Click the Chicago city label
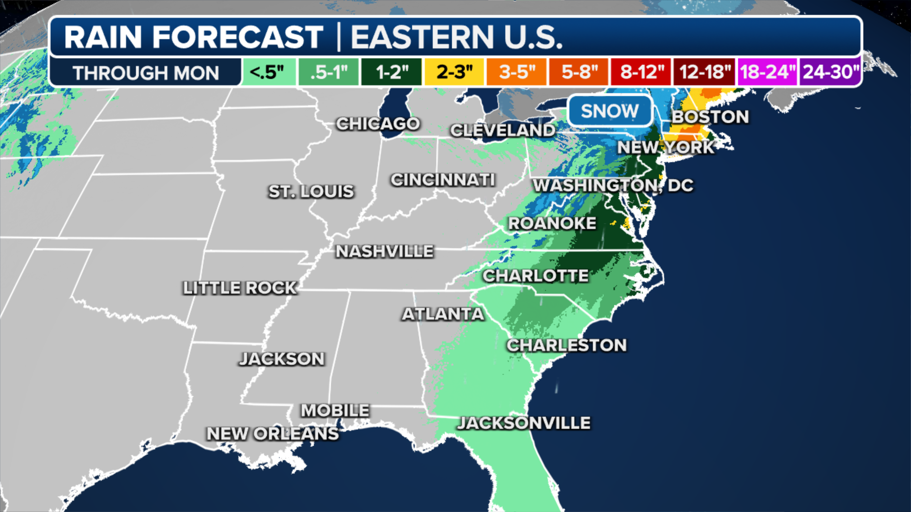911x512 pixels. [x=378, y=124]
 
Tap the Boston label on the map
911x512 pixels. [x=710, y=117]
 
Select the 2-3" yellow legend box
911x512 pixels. [x=454, y=72]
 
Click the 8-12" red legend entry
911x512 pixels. [x=641, y=72]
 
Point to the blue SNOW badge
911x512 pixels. [x=610, y=111]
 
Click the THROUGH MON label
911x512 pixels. [x=146, y=73]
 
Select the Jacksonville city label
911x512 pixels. [x=524, y=423]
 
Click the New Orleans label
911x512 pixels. [x=272, y=433]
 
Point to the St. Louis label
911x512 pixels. [x=311, y=192]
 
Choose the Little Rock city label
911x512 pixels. [x=240, y=288]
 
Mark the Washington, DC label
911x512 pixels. [x=613, y=185]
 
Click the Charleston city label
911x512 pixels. [x=567, y=345]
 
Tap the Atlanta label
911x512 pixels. [x=443, y=314]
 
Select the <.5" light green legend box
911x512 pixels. [x=268, y=72]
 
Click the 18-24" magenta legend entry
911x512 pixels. [x=767, y=72]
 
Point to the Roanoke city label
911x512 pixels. [x=552, y=223]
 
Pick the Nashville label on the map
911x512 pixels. [x=384, y=251]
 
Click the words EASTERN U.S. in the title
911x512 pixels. [x=456, y=37]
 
